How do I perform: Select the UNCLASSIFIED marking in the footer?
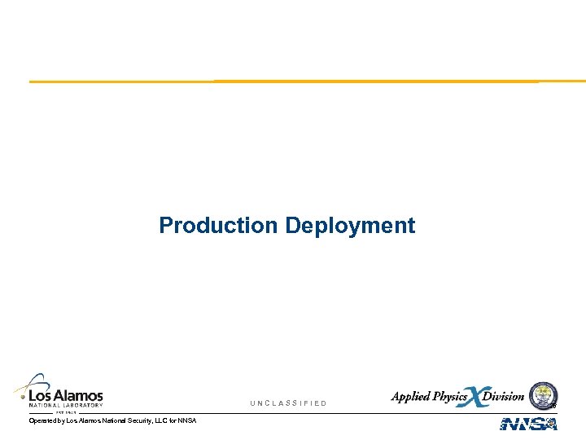pyautogui.click(x=288, y=403)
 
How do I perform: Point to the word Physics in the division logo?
pyautogui.click(x=451, y=397)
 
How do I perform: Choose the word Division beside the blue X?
pyautogui.click(x=504, y=397)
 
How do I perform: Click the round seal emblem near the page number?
pyautogui.click(x=543, y=395)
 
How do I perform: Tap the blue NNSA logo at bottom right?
pyautogui.click(x=528, y=424)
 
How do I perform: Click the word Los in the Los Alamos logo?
pyautogui.click(x=41, y=395)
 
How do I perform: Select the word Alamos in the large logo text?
pyautogui.click(x=79, y=395)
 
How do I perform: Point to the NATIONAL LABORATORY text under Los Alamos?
pyautogui.click(x=66, y=405)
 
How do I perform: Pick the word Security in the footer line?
pyautogui.click(x=133, y=420)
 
